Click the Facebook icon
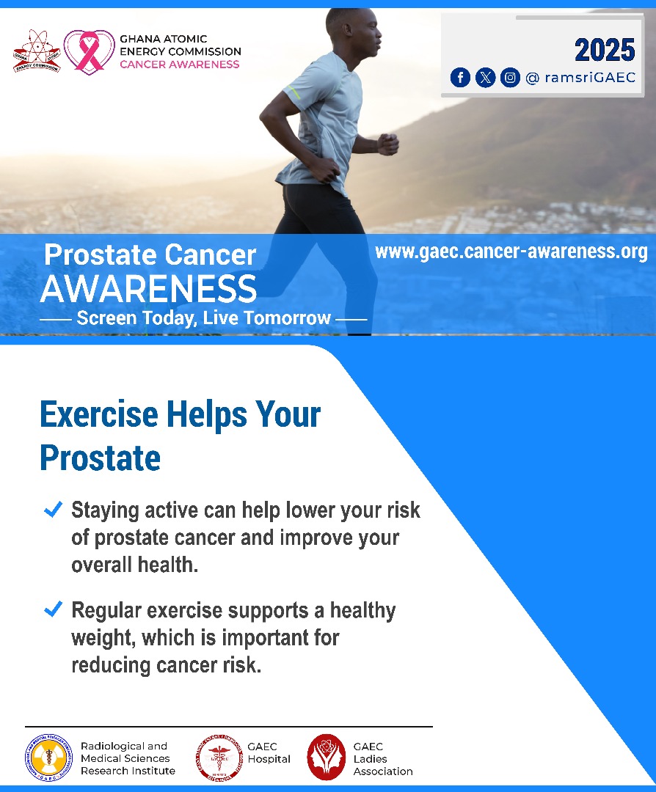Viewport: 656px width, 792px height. (460, 77)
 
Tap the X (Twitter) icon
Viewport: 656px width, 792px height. (485, 77)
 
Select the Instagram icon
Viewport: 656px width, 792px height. (510, 77)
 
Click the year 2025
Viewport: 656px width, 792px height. (604, 50)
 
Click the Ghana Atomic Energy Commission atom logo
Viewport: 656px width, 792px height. (35, 51)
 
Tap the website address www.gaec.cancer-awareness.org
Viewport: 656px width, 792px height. (511, 252)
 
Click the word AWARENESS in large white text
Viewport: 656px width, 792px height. (149, 289)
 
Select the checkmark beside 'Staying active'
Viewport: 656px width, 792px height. (53, 510)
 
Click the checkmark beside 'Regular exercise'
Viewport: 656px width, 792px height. (53, 609)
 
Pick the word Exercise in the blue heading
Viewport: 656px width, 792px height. (98, 414)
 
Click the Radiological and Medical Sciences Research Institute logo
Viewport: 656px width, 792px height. (48, 758)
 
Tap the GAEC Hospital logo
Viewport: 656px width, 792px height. (218, 758)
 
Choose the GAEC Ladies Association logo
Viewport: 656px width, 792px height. (327, 757)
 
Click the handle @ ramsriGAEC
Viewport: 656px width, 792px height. (580, 78)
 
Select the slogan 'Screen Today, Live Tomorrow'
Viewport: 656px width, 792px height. (203, 318)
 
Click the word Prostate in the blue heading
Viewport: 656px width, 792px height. (100, 458)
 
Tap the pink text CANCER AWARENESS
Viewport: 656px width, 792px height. (179, 64)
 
